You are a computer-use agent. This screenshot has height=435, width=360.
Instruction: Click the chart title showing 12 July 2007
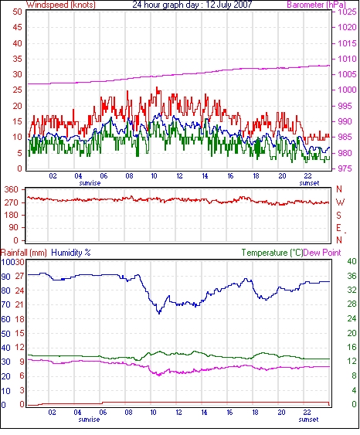[x=192, y=5]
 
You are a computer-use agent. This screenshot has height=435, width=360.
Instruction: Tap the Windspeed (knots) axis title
[x=61, y=5]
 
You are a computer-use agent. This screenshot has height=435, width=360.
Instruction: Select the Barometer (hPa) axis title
[x=316, y=5]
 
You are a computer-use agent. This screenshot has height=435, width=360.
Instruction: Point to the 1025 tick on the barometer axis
[x=347, y=12]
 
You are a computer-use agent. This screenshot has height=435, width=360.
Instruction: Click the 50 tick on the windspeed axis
[x=17, y=12]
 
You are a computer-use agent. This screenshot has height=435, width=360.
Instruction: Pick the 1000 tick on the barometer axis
[x=347, y=90]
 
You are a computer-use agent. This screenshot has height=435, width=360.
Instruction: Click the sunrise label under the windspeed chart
[x=90, y=183]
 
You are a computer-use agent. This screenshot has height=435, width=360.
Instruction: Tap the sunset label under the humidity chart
[x=308, y=420]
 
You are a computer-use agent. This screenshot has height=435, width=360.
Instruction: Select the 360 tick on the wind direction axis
[x=11, y=190]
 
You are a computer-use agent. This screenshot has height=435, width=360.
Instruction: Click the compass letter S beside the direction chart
[x=338, y=215]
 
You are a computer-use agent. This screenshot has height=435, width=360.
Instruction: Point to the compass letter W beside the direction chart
[x=340, y=202]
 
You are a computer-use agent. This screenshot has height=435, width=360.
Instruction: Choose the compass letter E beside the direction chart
[x=338, y=228]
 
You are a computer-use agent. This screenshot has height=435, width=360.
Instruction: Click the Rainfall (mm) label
[x=24, y=253]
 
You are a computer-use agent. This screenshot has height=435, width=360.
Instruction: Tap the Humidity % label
[x=71, y=253]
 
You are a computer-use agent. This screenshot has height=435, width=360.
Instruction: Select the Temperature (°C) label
[x=272, y=253]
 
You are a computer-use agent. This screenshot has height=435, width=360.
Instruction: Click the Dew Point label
[x=322, y=253]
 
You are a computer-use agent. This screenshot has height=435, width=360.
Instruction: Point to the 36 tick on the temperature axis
[x=352, y=276]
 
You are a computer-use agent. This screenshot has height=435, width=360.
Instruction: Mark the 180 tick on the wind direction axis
[x=11, y=215]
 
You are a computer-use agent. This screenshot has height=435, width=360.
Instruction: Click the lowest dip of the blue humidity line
[x=159, y=313]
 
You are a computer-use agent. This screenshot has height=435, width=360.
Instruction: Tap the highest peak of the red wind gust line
[x=157, y=87]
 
